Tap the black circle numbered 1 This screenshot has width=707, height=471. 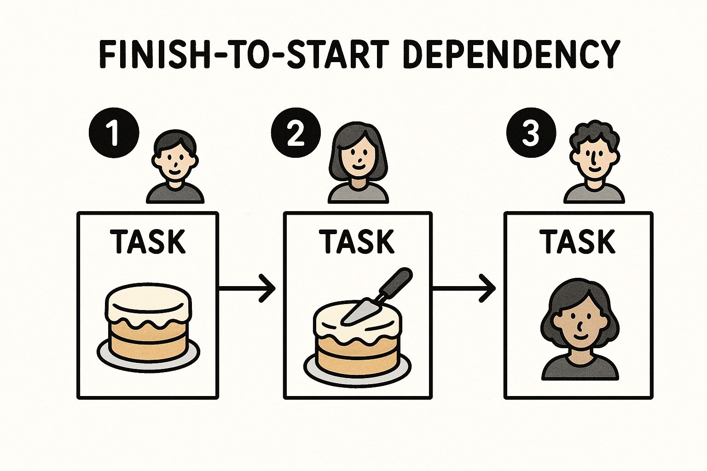(x=114, y=132)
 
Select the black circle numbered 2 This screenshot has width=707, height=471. (x=296, y=132)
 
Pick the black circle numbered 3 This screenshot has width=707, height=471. (x=531, y=132)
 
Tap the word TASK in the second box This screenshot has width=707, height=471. (x=357, y=241)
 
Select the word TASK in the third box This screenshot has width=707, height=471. (x=578, y=241)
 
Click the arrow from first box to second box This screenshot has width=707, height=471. (x=247, y=288)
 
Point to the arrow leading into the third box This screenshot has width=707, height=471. (x=464, y=288)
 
